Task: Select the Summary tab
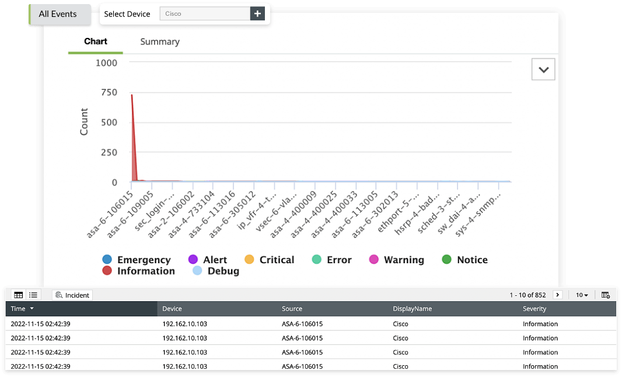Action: (x=160, y=42)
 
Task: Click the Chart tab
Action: (x=96, y=41)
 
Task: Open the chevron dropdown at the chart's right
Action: (x=543, y=69)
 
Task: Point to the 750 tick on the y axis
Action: (x=107, y=93)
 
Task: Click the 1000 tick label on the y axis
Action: (x=106, y=62)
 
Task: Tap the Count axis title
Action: (x=84, y=122)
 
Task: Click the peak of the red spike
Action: (x=132, y=95)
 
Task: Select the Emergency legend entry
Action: (x=137, y=260)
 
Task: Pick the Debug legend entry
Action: (x=216, y=271)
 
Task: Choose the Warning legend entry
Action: (x=397, y=260)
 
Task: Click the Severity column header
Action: (x=534, y=309)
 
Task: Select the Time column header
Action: (x=19, y=309)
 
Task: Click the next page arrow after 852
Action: (x=557, y=295)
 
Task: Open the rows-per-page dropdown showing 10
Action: (x=582, y=295)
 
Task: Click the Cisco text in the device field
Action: (x=173, y=14)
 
